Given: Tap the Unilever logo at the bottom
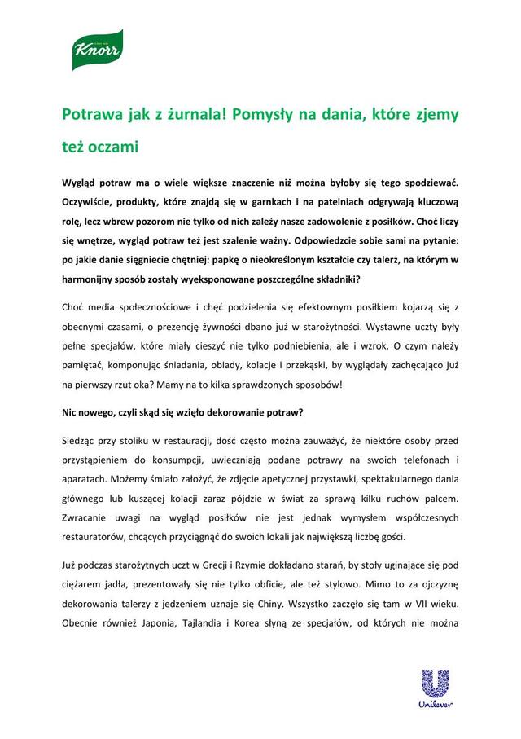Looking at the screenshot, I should [435, 687].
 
